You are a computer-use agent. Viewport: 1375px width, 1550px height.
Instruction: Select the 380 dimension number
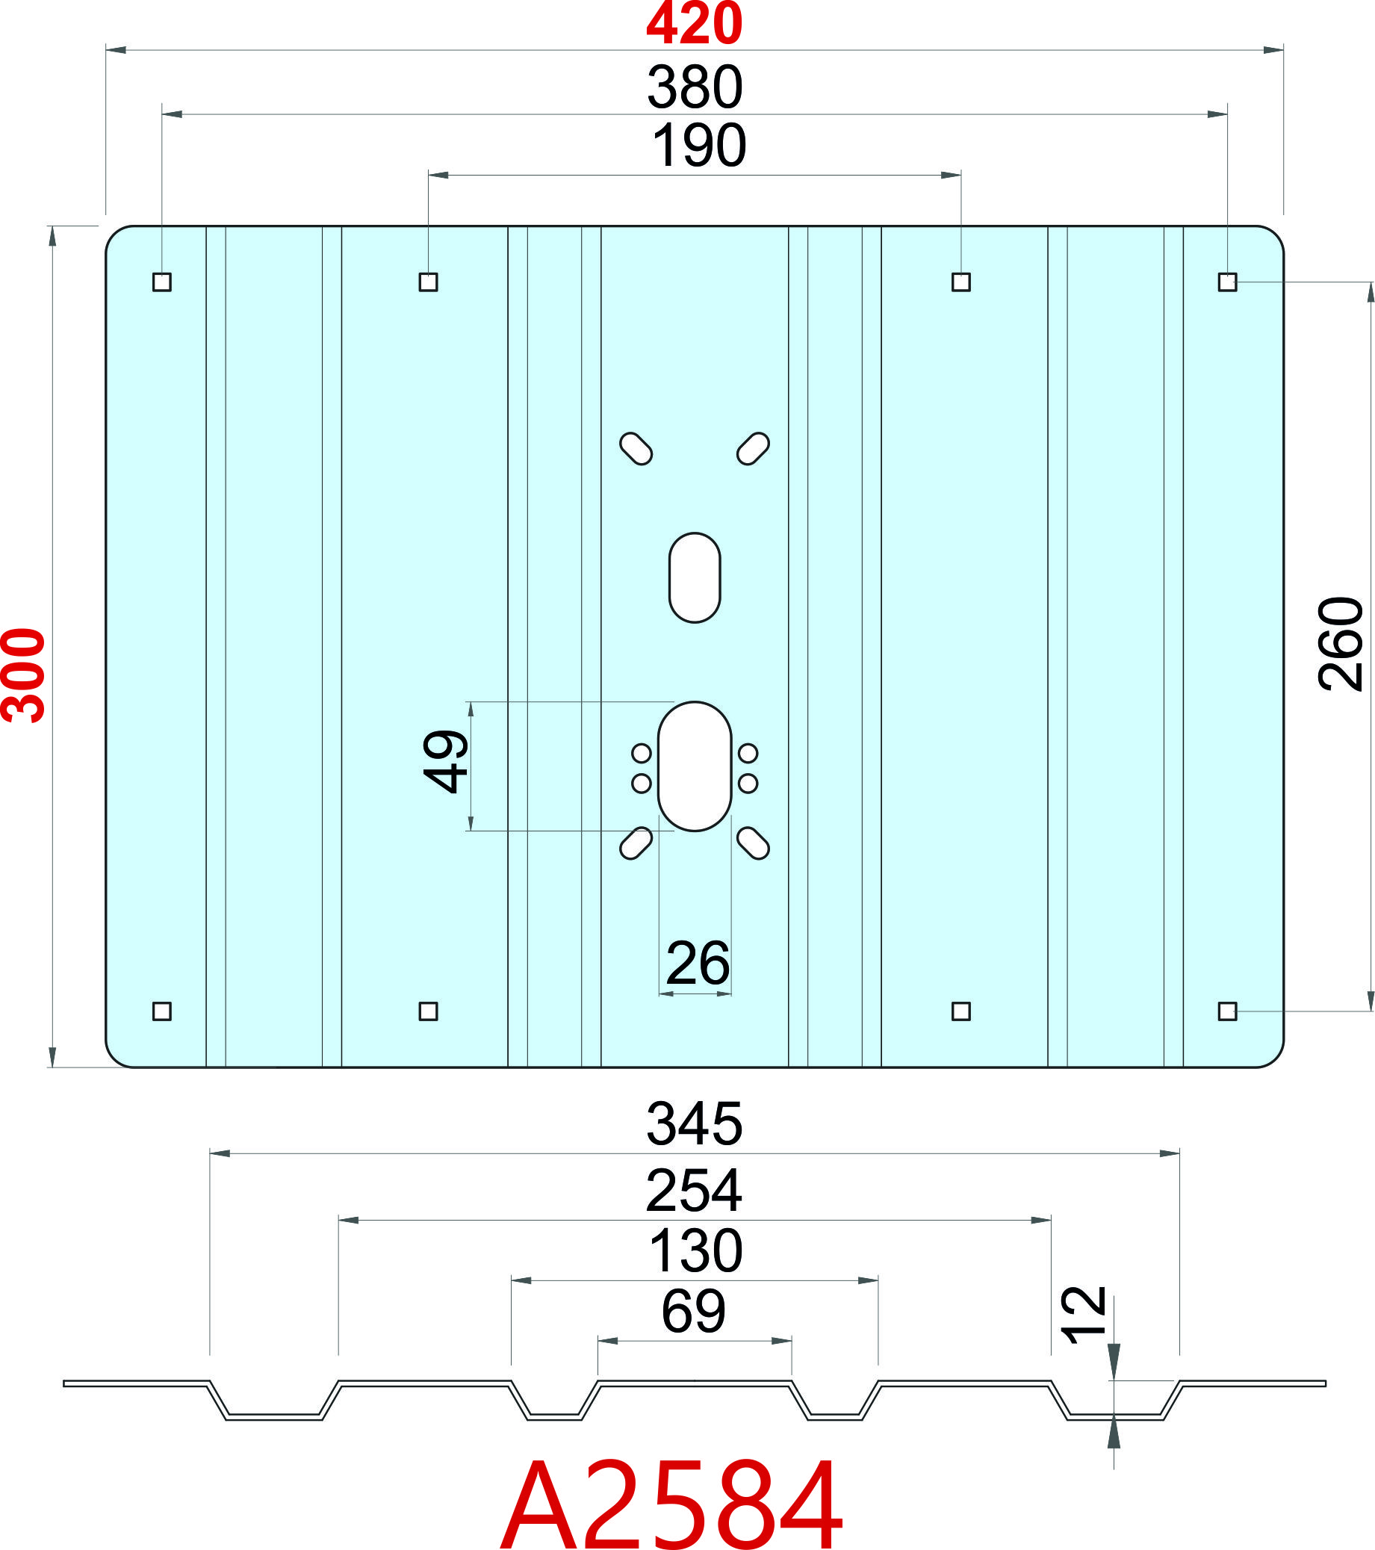(x=695, y=87)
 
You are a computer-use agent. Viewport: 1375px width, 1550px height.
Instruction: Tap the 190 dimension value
(x=699, y=146)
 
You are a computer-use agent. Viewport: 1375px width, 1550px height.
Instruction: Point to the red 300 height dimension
(x=23, y=675)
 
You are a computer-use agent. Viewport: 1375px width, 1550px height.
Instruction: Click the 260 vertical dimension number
(x=1341, y=643)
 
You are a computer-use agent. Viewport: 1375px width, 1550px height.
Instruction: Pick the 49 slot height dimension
(x=444, y=761)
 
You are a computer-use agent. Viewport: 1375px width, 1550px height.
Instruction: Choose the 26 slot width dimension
(x=698, y=964)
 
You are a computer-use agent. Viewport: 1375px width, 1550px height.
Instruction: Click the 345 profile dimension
(x=695, y=1123)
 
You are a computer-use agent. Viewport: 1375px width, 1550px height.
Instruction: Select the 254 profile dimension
(x=694, y=1191)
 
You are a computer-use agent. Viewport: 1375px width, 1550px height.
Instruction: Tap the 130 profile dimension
(x=696, y=1251)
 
